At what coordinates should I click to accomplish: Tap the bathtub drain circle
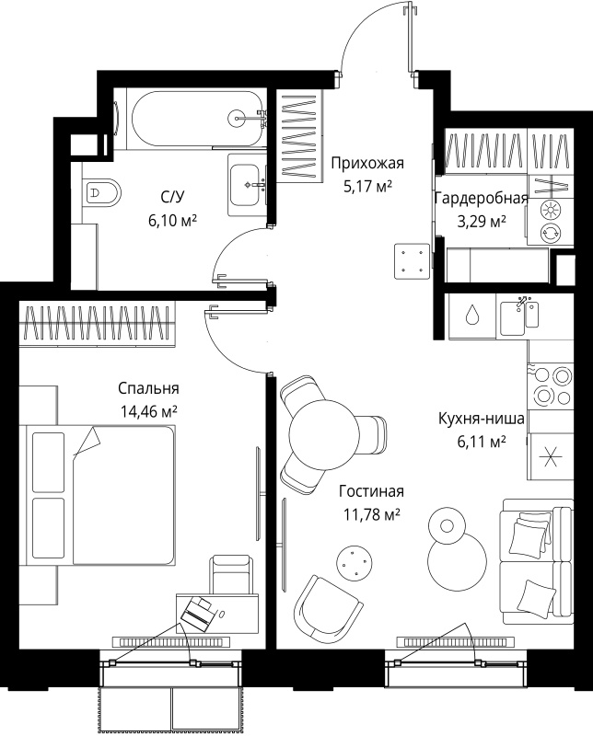click(236, 118)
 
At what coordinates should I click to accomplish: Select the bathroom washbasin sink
click(244, 185)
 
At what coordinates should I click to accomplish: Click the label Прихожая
click(367, 164)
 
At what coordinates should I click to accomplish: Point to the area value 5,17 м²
click(367, 187)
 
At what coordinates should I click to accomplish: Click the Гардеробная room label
click(482, 199)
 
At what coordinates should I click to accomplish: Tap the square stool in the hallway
click(413, 261)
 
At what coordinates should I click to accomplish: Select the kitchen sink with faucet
click(519, 317)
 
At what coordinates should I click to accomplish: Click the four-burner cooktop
click(551, 385)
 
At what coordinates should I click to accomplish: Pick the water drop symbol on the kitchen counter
click(471, 315)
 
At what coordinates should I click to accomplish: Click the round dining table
click(324, 434)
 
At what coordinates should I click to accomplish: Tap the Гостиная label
click(371, 491)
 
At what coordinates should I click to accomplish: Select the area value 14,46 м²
click(148, 411)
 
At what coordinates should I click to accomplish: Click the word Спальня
click(148, 388)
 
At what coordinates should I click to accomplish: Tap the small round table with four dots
click(355, 561)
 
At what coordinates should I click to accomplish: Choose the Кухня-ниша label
click(482, 419)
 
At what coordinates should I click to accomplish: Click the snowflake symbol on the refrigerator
click(551, 455)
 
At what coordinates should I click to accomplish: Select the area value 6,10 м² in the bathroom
click(172, 220)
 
